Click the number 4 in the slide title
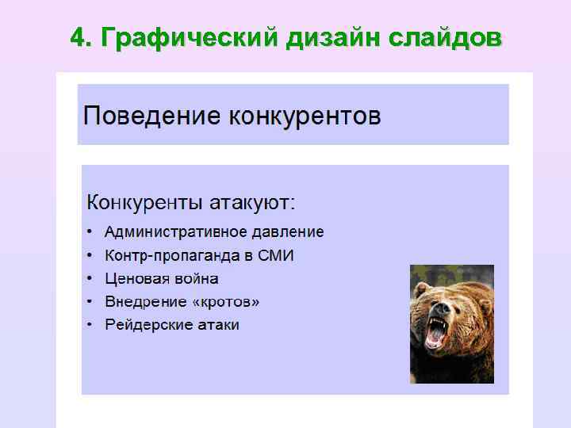[x=78, y=37]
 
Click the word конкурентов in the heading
[x=305, y=117]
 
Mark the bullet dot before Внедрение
[x=90, y=302]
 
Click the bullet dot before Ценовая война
[x=90, y=279]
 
